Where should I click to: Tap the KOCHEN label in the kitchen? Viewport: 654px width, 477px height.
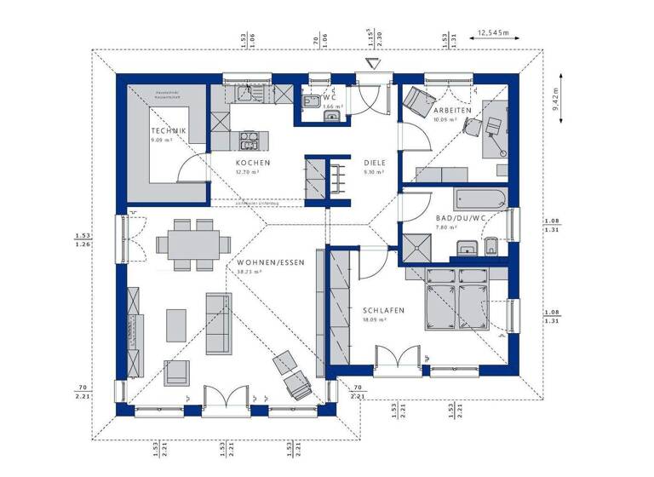coord(253,163)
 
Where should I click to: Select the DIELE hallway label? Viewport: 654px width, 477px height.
coord(375,163)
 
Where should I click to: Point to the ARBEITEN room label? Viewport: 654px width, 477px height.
coord(451,112)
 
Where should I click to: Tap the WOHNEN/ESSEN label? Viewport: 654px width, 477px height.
coord(269,262)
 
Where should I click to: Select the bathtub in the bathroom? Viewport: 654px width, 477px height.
coord(480,200)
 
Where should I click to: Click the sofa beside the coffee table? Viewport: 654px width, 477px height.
coord(218,324)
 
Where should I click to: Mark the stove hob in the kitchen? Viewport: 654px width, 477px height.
coord(250,138)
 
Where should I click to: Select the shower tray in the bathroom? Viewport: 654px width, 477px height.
coord(417,248)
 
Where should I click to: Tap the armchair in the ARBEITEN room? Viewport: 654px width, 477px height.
coord(415,102)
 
